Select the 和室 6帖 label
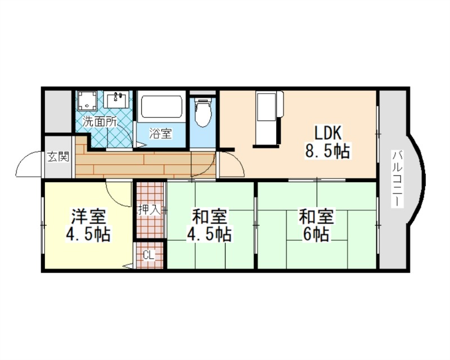(x=316, y=225)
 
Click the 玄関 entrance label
(x=57, y=157)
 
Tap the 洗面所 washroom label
(x=100, y=120)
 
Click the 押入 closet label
(x=149, y=210)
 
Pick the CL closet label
(x=148, y=256)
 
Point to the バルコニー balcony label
(x=398, y=178)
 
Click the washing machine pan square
(x=87, y=101)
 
